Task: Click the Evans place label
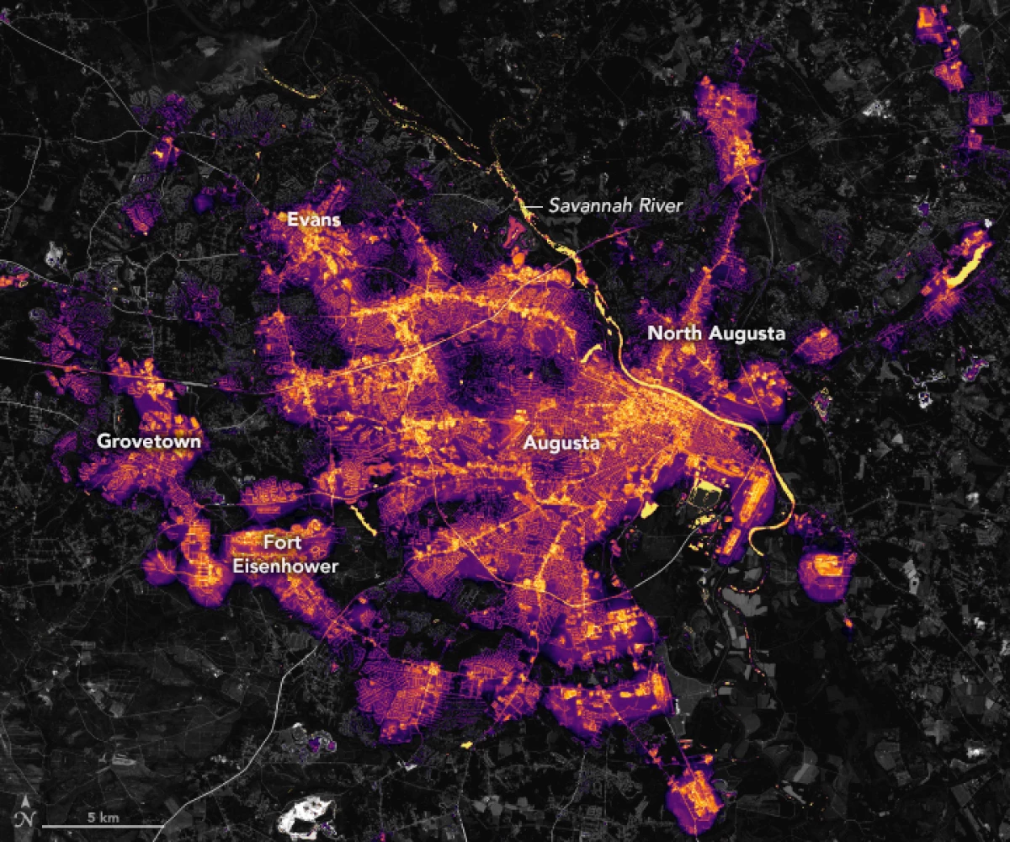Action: [x=314, y=220]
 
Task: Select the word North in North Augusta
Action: [x=674, y=334]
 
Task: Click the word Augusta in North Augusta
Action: [x=747, y=334]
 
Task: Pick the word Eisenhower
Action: [x=285, y=566]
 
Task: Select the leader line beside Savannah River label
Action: [x=532, y=204]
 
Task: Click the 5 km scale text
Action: [x=102, y=818]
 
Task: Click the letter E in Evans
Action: [x=291, y=220]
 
